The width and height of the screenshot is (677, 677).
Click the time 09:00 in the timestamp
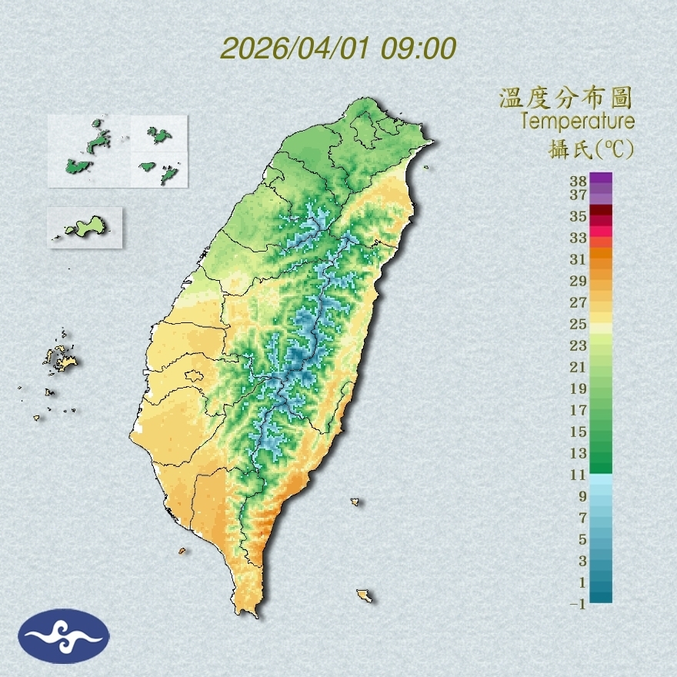(x=419, y=48)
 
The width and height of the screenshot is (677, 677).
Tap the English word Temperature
(x=578, y=121)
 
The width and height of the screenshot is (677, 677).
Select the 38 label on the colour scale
(x=579, y=182)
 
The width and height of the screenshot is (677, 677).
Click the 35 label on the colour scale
(x=579, y=216)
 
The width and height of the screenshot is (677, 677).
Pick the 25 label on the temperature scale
(x=579, y=324)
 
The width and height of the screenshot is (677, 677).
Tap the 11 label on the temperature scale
(x=579, y=475)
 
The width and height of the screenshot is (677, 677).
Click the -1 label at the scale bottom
(x=578, y=604)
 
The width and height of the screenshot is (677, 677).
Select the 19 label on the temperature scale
(x=579, y=389)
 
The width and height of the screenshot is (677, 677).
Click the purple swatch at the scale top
(x=601, y=178)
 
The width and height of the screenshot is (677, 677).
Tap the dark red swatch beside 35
(x=601, y=211)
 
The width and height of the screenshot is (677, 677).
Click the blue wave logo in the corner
(x=64, y=635)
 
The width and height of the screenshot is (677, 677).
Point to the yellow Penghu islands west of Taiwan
(x=62, y=358)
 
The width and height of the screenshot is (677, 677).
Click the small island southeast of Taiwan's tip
(x=365, y=595)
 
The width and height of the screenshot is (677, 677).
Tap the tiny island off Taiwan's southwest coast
(x=182, y=551)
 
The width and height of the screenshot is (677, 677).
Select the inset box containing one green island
(x=85, y=227)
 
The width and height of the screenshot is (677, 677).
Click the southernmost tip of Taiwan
(x=248, y=613)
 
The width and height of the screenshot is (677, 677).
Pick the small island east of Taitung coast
(x=355, y=502)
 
